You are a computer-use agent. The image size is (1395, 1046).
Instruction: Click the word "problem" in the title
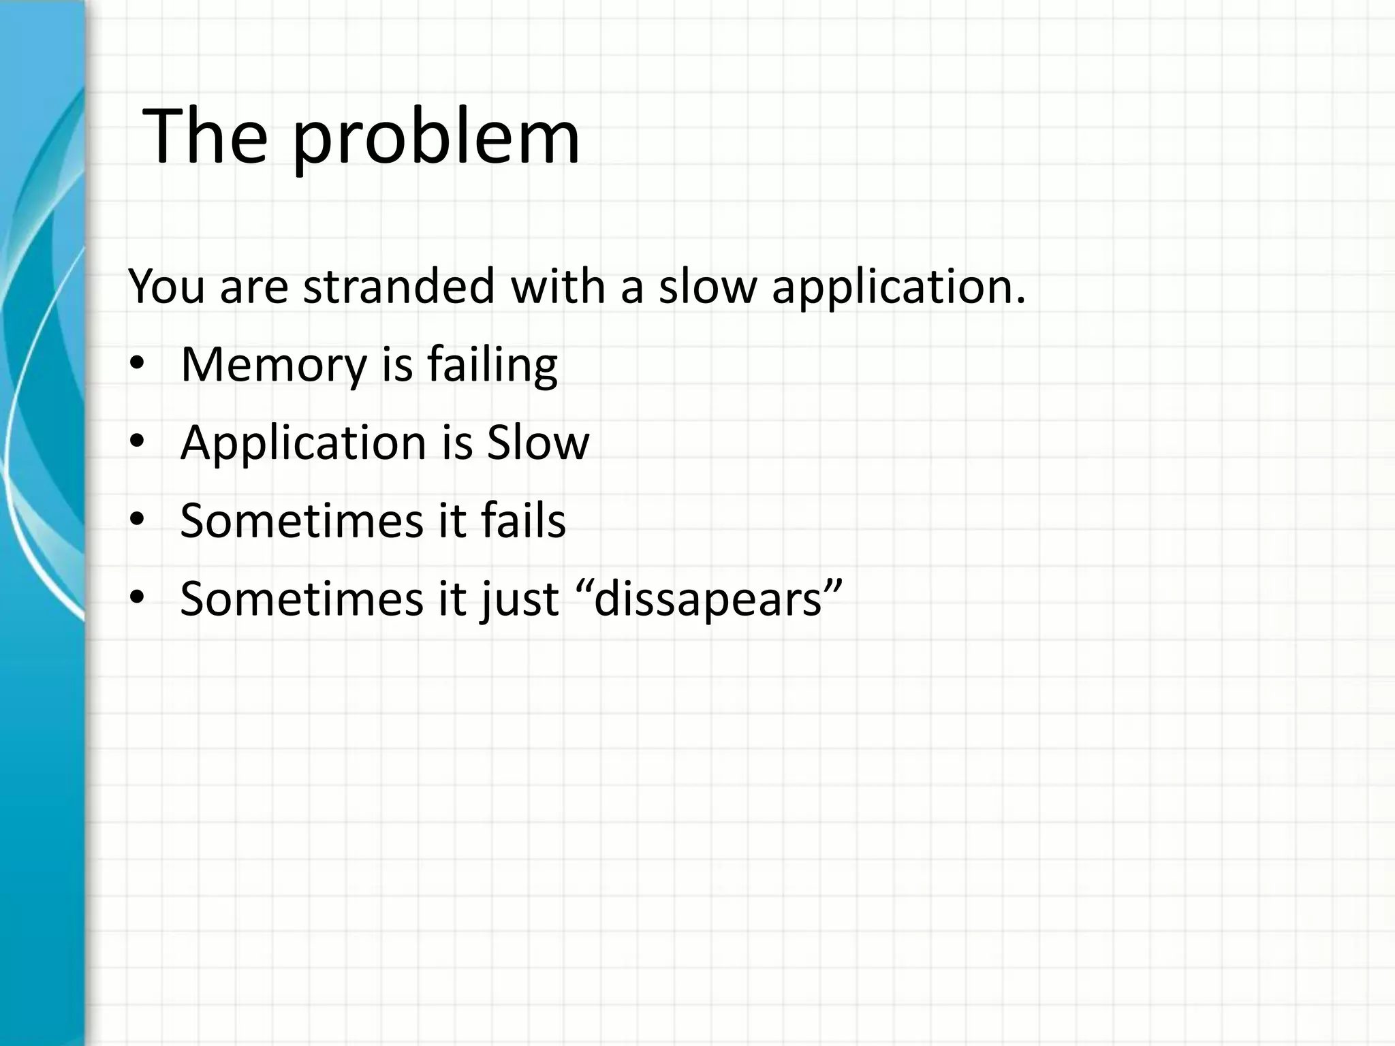436,139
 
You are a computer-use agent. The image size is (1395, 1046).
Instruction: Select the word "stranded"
399,286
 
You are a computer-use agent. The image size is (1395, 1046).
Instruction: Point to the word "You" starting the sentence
166,286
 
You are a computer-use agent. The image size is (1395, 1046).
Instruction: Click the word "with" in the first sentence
558,286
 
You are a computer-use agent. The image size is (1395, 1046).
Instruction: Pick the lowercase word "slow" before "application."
707,286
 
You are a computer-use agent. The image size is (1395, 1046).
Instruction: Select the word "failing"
492,366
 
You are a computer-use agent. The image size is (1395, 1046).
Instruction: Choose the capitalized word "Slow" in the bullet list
537,443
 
